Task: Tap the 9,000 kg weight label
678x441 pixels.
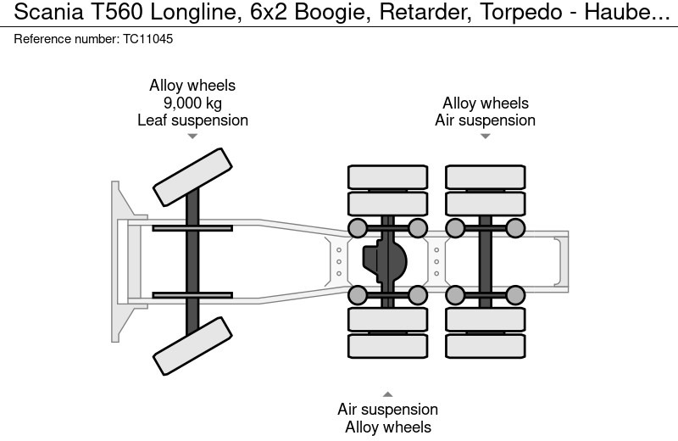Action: [x=192, y=103]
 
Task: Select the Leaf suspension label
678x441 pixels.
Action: [x=192, y=120]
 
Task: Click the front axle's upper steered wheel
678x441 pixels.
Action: [x=192, y=177]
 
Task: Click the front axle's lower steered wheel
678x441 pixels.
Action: [x=192, y=346]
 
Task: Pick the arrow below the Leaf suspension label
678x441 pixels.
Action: [x=192, y=136]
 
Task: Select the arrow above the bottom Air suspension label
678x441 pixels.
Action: [x=387, y=394]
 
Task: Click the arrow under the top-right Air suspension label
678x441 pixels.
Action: [x=485, y=136]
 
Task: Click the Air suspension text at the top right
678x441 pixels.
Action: [x=485, y=120]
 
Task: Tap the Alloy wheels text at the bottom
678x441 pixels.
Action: [x=387, y=427]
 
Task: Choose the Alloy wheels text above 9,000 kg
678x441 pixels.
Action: [x=192, y=86]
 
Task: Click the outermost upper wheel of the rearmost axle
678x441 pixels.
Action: [x=485, y=176]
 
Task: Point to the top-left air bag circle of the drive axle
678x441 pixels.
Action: [x=358, y=228]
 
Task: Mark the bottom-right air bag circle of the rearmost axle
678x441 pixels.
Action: [x=514, y=295]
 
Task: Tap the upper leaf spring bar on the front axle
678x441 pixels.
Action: [x=192, y=227]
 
